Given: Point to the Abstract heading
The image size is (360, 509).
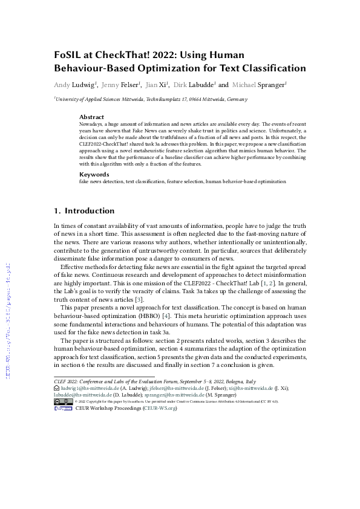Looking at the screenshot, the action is click(91, 117).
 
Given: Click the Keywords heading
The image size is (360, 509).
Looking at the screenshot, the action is click(94, 173).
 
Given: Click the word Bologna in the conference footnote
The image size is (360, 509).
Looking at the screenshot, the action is click(231, 381).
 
